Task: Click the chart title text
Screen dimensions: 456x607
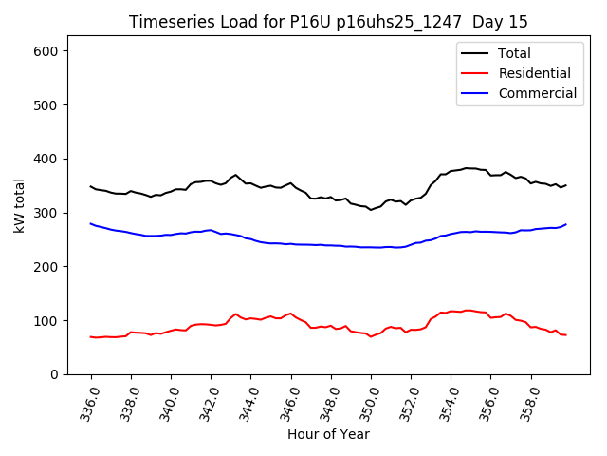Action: tap(328, 22)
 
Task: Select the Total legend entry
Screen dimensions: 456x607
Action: tap(514, 53)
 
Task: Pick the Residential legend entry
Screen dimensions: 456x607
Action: tap(534, 73)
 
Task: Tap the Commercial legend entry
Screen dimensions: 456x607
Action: tap(537, 93)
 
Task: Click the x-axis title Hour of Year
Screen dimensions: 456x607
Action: tap(328, 435)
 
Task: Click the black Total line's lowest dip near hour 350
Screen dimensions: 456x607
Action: tap(371, 209)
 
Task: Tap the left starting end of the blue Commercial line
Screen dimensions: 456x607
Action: tap(91, 224)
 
